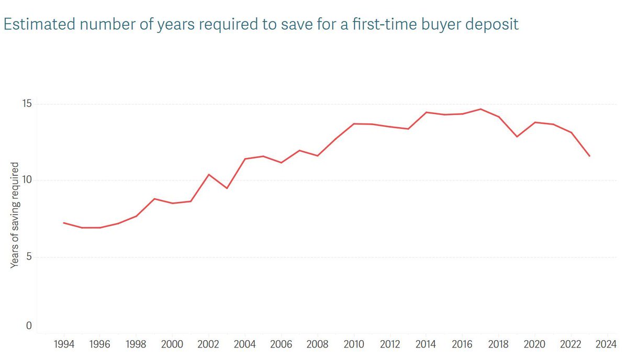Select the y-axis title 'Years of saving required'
(15, 215)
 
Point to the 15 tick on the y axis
(26, 104)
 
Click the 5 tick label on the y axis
(29, 257)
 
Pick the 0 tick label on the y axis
(29, 326)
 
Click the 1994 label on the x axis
(64, 345)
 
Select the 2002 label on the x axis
(209, 345)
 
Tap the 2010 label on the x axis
(354, 345)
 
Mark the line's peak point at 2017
(480, 109)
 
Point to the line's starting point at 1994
(64, 223)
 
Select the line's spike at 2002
(209, 174)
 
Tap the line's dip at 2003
(227, 188)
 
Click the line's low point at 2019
(517, 137)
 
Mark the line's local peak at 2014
(426, 112)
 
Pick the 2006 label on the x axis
(282, 345)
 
